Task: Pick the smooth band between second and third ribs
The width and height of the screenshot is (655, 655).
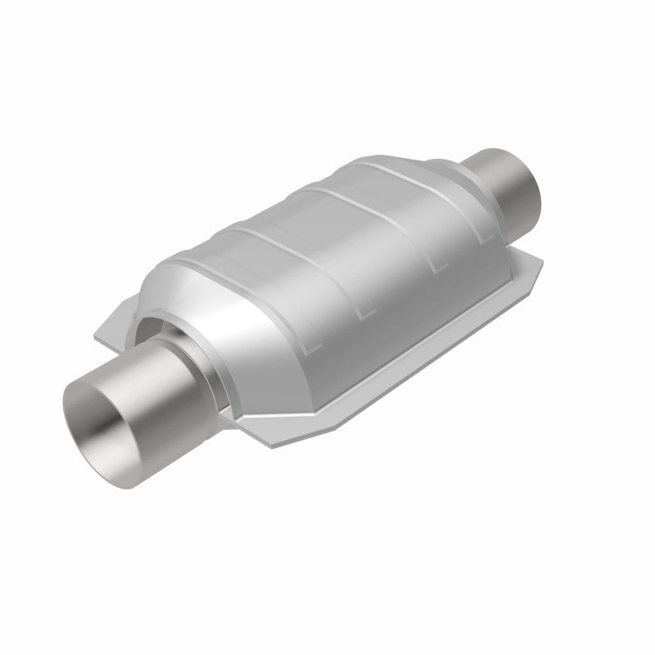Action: click(327, 246)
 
